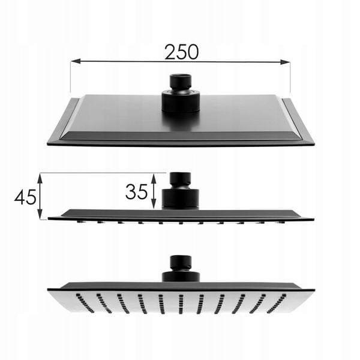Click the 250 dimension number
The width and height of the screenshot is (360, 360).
click(181, 52)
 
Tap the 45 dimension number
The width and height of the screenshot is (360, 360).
click(25, 197)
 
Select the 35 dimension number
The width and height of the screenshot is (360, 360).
click(136, 191)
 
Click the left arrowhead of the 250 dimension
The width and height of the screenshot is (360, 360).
click(76, 61)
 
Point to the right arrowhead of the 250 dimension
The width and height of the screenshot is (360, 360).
click(285, 62)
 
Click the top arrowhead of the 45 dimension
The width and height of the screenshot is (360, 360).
click(40, 179)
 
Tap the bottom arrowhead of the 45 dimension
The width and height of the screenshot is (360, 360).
click(40, 214)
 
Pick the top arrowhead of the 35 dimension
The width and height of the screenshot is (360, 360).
click(154, 179)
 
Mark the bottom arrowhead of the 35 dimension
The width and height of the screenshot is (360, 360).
click(154, 203)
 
